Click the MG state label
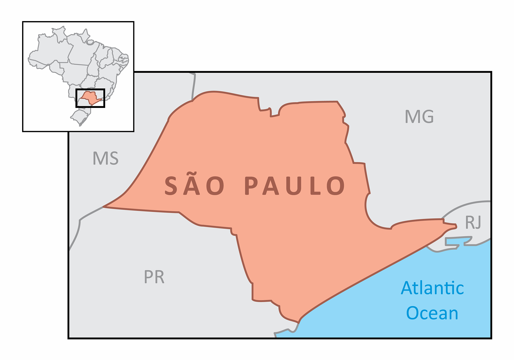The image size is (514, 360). coord(419,116)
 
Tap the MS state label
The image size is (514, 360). coord(105,158)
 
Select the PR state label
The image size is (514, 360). coord(154,277)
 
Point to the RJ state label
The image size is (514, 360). coord(473,222)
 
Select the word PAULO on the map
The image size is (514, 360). coord(295,186)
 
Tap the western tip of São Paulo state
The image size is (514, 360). coord(104,207)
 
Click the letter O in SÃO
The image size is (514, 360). coord(217,186)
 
